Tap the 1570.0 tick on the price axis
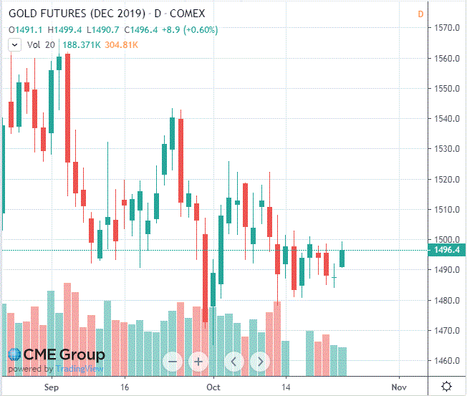pos(447,28)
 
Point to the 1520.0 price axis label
pos(447,180)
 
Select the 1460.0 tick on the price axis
pos(447,361)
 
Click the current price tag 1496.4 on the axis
pos(447,250)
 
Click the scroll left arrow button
pos(233,362)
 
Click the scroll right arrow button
pos(260,362)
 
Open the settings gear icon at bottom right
pos(446,386)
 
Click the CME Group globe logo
pos(14,354)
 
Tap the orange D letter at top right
pos(420,14)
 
